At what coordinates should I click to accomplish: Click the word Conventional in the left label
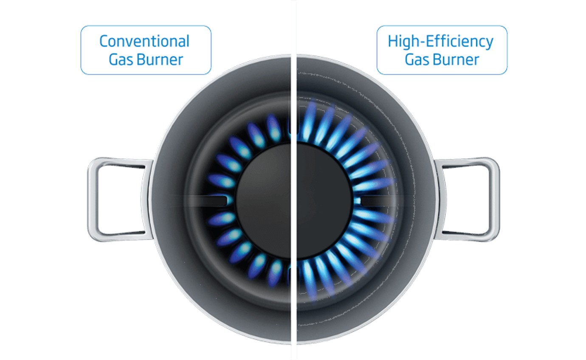point(144,41)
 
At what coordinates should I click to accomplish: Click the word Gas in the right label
point(416,60)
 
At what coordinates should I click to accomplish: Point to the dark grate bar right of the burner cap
point(379,201)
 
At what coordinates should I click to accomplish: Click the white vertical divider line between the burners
point(294,180)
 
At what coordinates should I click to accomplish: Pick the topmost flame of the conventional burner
point(273,128)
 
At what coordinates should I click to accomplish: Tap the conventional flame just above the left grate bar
point(222,181)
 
